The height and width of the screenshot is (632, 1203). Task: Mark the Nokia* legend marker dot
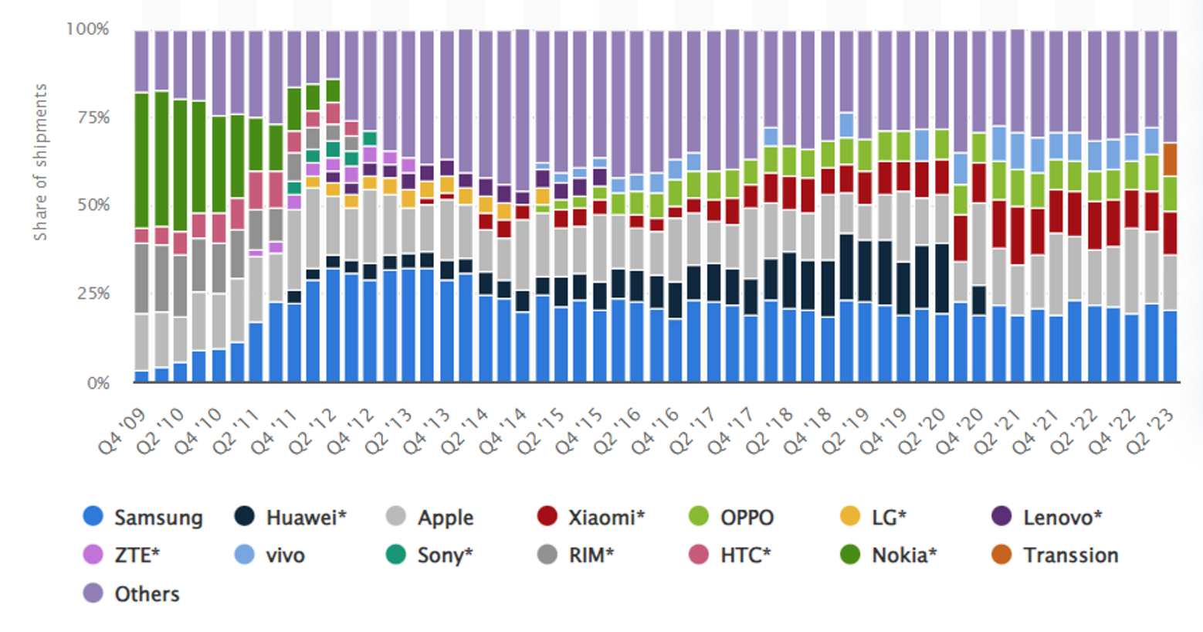(x=849, y=555)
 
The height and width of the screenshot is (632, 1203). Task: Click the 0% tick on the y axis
(x=98, y=383)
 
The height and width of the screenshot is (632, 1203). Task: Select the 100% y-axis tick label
(x=88, y=29)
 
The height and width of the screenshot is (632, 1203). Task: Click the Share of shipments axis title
(x=40, y=162)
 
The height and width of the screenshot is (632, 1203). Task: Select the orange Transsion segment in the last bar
(x=1170, y=159)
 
